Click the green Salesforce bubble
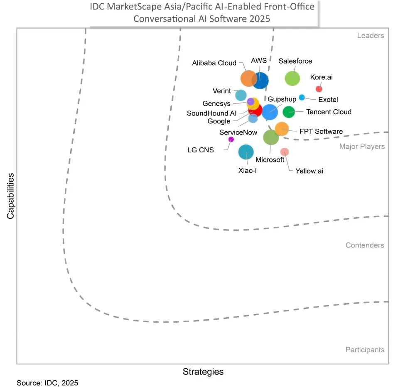[292, 78]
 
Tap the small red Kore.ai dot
[319, 88]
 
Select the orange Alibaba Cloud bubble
[248, 78]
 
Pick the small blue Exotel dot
[302, 98]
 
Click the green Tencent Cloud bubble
[289, 112]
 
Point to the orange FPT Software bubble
[282, 129]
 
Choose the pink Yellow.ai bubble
[285, 152]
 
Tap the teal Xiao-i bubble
[246, 152]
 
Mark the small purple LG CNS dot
[231, 139]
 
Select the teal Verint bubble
[241, 95]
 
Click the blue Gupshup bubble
[270, 112]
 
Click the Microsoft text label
[270, 160]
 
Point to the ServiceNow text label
[238, 132]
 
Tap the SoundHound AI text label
[211, 113]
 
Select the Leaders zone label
[370, 36]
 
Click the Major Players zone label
[362, 147]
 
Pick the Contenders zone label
[364, 245]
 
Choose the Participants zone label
[365, 350]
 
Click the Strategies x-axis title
[203, 372]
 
